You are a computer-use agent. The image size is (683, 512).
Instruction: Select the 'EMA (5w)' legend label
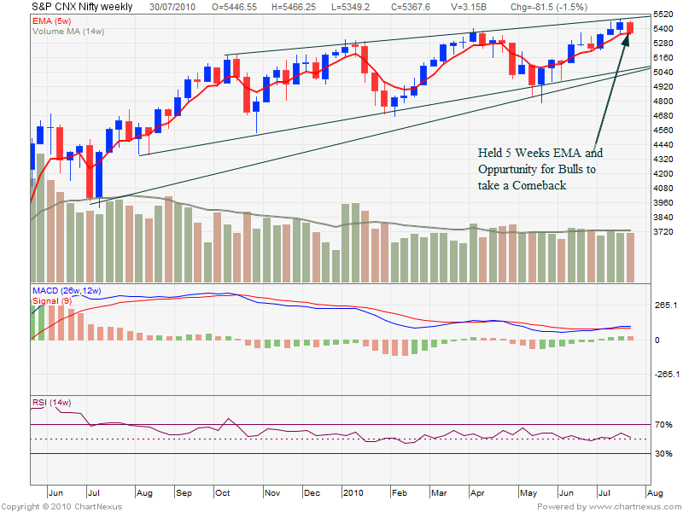(x=53, y=19)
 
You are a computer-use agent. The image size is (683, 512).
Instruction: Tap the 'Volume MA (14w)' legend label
(x=68, y=31)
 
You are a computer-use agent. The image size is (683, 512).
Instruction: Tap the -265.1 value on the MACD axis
(x=666, y=375)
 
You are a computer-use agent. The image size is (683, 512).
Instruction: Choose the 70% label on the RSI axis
(x=665, y=424)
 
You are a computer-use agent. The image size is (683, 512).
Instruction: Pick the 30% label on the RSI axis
(x=665, y=454)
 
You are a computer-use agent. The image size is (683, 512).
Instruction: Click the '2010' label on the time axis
(x=352, y=493)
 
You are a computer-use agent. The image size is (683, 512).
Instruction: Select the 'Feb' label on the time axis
(x=398, y=493)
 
